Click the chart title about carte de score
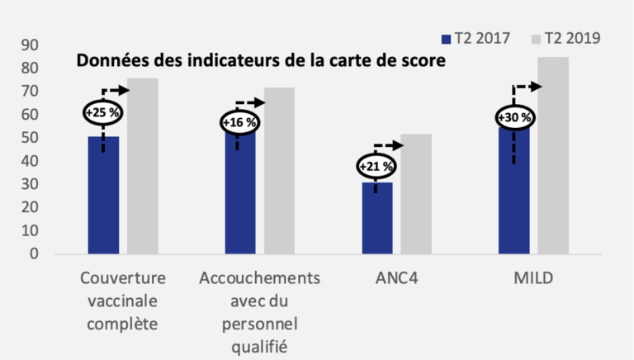pyautogui.click(x=261, y=61)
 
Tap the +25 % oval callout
pyautogui.click(x=103, y=111)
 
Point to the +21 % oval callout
pyautogui.click(x=376, y=167)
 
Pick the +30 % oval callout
pyautogui.click(x=513, y=118)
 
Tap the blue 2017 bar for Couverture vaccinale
pyautogui.click(x=103, y=198)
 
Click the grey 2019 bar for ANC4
pyautogui.click(x=416, y=194)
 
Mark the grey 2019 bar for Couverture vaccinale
pyautogui.click(x=142, y=166)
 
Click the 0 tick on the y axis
pyautogui.click(x=34, y=253)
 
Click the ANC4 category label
pyautogui.click(x=395, y=277)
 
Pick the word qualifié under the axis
pyautogui.click(x=258, y=343)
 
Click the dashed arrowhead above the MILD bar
pyautogui.click(x=536, y=87)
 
